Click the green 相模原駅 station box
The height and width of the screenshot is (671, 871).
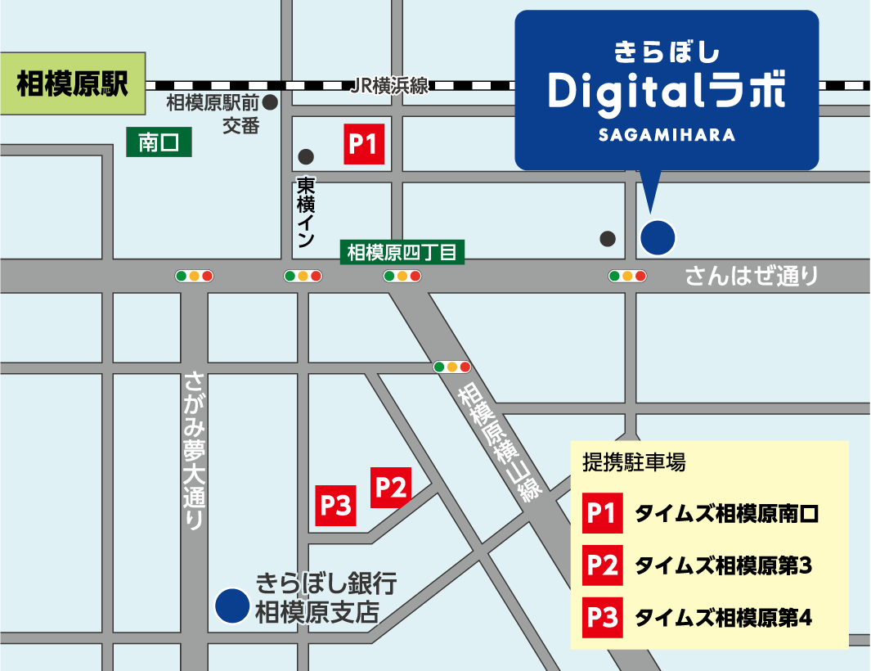click(x=73, y=84)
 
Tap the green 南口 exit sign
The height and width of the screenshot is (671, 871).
click(x=159, y=143)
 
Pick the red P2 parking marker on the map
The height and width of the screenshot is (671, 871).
click(x=391, y=488)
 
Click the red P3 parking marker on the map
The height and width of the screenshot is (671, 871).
click(x=336, y=506)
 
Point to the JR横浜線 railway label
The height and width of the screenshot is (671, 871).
click(x=388, y=86)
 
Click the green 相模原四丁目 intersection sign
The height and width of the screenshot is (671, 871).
click(x=402, y=252)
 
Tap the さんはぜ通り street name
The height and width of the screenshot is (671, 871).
click(x=752, y=276)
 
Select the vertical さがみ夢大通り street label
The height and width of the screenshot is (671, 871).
click(x=195, y=449)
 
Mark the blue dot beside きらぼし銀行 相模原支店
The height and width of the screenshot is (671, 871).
click(x=232, y=606)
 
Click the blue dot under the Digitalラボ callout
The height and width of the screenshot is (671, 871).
click(x=658, y=237)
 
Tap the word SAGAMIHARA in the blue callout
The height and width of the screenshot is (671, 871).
click(x=667, y=135)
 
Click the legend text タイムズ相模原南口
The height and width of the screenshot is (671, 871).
click(x=726, y=514)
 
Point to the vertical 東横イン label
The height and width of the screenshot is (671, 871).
click(x=305, y=212)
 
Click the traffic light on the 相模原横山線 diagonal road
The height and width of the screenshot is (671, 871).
click(x=452, y=367)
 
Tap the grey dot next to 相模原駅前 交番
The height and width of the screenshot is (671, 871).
click(x=270, y=103)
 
